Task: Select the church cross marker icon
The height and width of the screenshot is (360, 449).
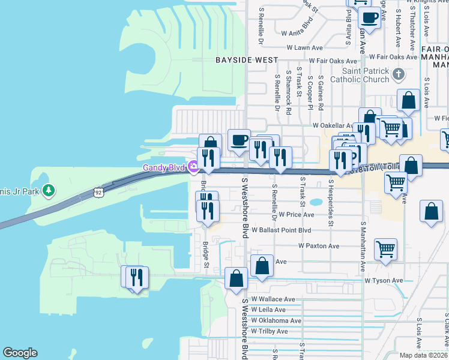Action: tap(397, 74)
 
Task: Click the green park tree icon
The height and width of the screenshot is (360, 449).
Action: tap(49, 191)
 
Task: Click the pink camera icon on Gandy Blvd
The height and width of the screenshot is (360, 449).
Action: tap(193, 167)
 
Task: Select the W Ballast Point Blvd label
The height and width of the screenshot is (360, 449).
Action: tap(282, 230)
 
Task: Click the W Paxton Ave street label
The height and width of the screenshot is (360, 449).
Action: tap(319, 246)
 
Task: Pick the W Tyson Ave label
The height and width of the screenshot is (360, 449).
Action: tap(384, 280)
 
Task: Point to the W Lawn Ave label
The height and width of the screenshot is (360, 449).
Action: tap(305, 47)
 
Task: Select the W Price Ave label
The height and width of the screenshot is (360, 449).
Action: tap(296, 214)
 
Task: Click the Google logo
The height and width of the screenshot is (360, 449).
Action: tap(20, 353)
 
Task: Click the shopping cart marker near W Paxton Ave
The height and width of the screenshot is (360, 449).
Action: tap(385, 248)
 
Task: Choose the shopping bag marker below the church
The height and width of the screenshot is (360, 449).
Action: tap(408, 100)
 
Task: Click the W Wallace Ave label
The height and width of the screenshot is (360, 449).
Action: tap(273, 299)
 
